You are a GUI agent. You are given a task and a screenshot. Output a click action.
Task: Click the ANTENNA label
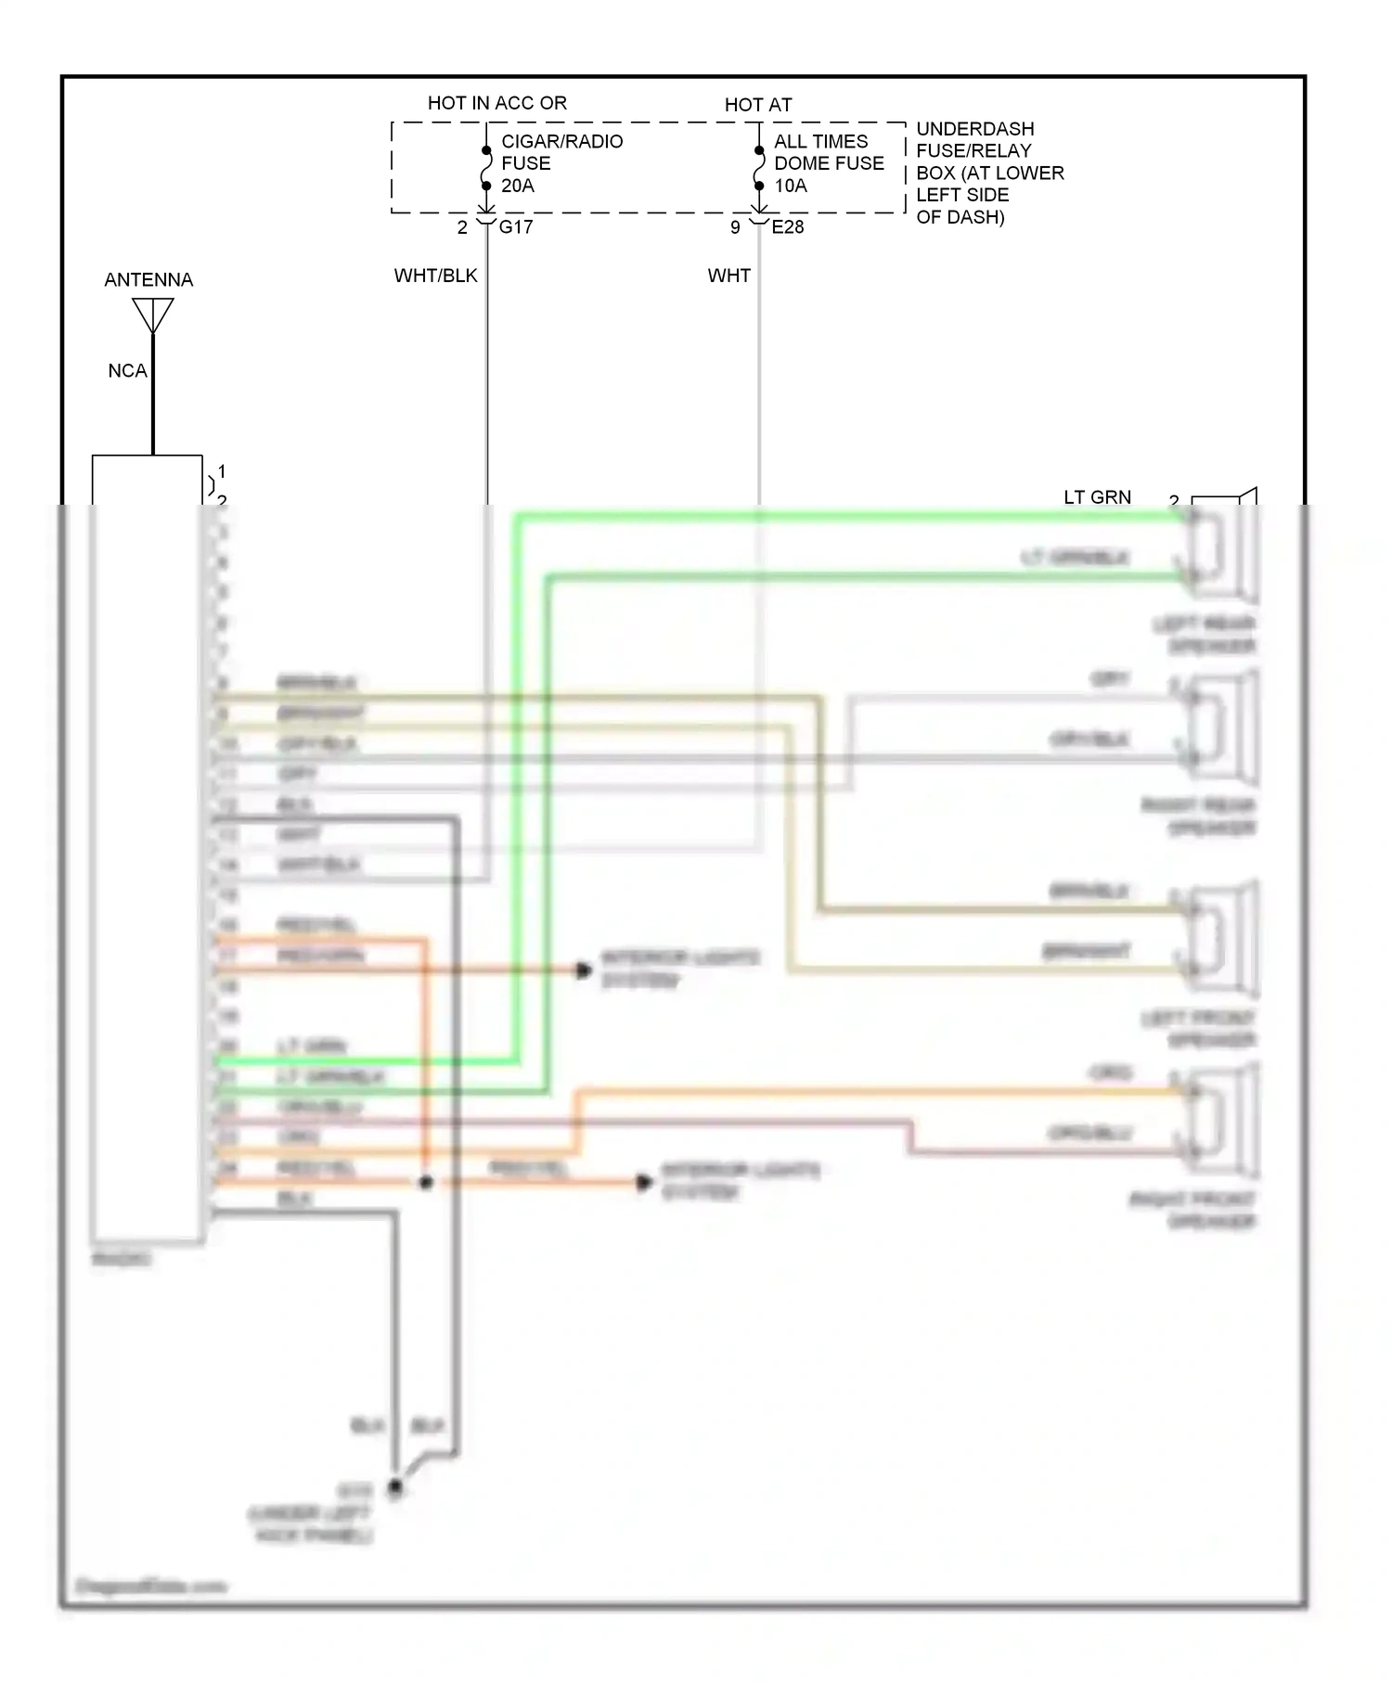point(148,279)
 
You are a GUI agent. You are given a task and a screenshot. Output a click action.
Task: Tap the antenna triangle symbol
point(153,314)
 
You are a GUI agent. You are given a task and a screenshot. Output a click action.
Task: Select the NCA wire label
point(127,371)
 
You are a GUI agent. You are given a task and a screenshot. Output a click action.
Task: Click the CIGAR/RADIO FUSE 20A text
point(561,163)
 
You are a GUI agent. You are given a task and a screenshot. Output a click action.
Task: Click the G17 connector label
point(516,227)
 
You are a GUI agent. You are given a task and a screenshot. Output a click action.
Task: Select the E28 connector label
point(788,227)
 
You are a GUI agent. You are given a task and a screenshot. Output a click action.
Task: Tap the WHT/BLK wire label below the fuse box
point(435,276)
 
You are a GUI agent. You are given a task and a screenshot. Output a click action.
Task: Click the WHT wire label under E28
point(728,276)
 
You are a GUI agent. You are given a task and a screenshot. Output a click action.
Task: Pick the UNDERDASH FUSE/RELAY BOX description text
point(988,173)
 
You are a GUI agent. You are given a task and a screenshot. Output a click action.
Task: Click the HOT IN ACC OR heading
point(496,103)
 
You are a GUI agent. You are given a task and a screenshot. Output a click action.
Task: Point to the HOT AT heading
point(757,105)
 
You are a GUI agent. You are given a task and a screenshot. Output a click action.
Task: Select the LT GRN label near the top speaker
point(1097,497)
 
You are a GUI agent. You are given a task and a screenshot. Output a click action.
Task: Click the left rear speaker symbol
point(1223,547)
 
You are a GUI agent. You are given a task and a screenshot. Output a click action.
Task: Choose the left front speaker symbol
point(1223,939)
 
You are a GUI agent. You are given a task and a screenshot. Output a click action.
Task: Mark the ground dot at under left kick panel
point(395,1488)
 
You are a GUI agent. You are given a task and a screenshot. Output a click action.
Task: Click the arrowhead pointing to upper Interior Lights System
point(584,970)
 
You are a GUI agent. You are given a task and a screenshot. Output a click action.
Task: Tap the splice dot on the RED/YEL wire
point(426,1183)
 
